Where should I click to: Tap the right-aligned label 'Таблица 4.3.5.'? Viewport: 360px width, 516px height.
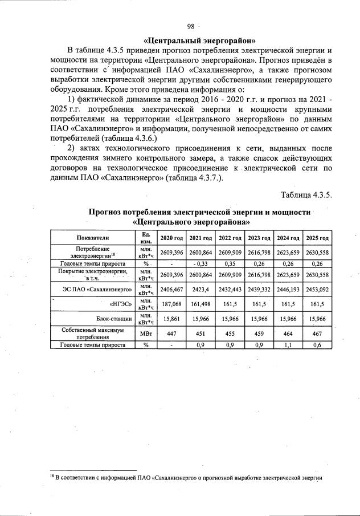point(306,195)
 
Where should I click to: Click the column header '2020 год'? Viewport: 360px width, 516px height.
point(171,238)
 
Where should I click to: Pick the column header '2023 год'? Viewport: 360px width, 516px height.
point(259,238)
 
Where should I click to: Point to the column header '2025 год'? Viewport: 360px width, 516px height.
point(317,238)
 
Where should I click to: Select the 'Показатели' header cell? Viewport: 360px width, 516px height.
point(92,238)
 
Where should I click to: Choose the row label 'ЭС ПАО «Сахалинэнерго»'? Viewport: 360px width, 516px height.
point(97,290)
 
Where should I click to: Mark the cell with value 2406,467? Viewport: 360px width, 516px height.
point(171,290)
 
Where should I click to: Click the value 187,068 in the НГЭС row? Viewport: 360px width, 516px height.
point(171,304)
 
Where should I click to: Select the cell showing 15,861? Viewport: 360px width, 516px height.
point(171,318)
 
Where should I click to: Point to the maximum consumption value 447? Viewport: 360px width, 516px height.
point(171,334)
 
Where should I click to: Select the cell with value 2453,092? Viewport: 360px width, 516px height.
point(317,290)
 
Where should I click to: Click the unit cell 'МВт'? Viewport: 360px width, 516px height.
point(146,334)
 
